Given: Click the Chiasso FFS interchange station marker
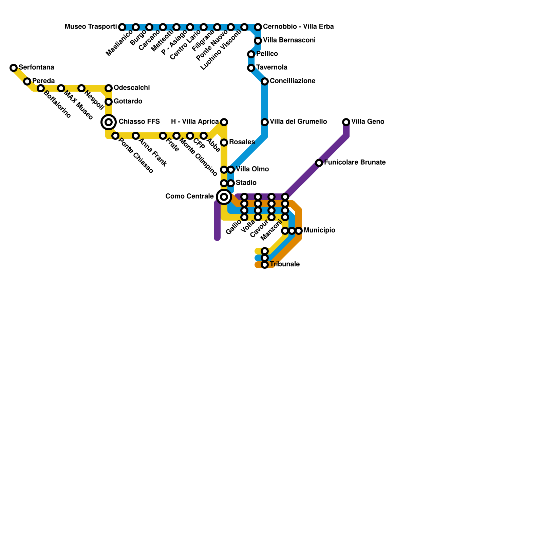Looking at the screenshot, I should tap(109, 122).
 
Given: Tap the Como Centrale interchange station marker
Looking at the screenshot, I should tap(224, 197).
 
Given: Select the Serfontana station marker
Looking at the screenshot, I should tap(14, 68).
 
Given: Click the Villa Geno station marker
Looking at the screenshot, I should tap(346, 122).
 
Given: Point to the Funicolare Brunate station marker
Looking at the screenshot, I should tap(319, 163).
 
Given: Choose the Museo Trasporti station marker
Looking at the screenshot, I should tap(122, 27).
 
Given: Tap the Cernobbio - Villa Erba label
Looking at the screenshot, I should tap(298, 27).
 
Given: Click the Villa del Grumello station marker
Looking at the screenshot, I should tap(265, 122).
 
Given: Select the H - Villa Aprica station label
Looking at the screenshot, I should tap(195, 122).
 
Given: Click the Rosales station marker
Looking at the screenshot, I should tap(224, 143).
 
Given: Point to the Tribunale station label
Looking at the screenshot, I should tap(285, 264).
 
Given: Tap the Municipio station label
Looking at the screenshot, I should tap(319, 230).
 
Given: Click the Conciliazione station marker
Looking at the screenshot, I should tap(265, 81).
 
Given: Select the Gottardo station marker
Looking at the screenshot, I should tap(109, 102).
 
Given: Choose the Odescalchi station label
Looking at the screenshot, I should tap(132, 88).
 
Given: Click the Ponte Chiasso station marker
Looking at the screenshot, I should tap(115, 136).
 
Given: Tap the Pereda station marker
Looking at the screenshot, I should tap(27, 81).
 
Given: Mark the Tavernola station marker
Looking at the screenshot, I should tap(251, 68).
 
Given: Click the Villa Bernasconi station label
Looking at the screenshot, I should tap(289, 40).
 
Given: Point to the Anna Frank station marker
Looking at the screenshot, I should tap(136, 136).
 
